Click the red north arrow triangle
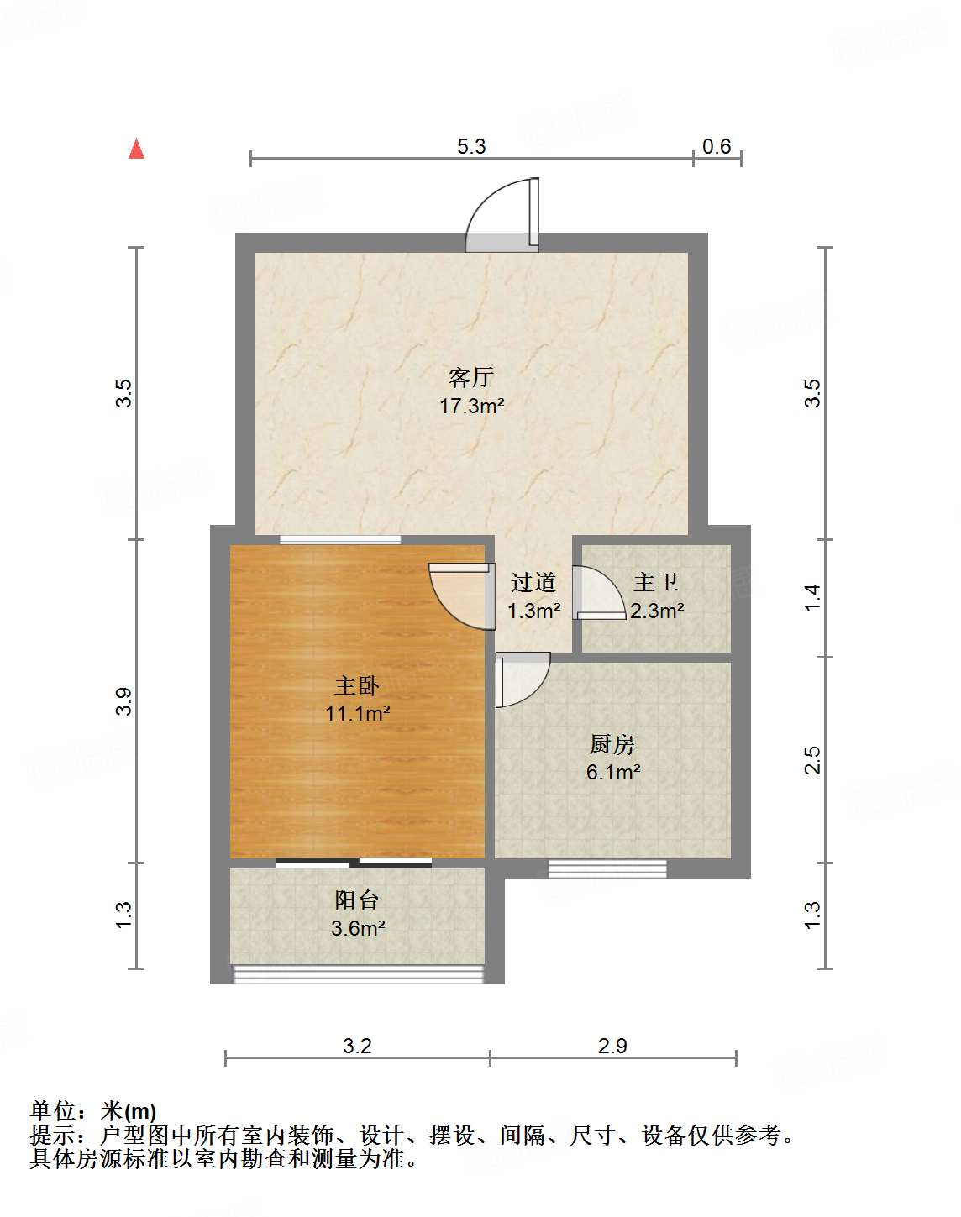click(137, 150)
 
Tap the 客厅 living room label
click(470, 377)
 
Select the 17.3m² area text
click(471, 407)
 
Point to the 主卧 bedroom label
click(357, 686)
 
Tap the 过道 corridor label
click(533, 582)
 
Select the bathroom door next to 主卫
click(598, 593)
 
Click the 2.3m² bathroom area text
click(657, 611)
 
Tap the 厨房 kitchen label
click(612, 744)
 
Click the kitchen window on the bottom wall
click(607, 868)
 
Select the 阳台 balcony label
click(357, 900)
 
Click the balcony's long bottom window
click(359, 974)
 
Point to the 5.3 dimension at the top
click(471, 146)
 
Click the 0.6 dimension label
click(717, 146)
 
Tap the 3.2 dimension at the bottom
click(357, 1046)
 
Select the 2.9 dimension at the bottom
click(612, 1046)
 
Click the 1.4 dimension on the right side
click(812, 597)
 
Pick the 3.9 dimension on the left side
click(123, 701)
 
